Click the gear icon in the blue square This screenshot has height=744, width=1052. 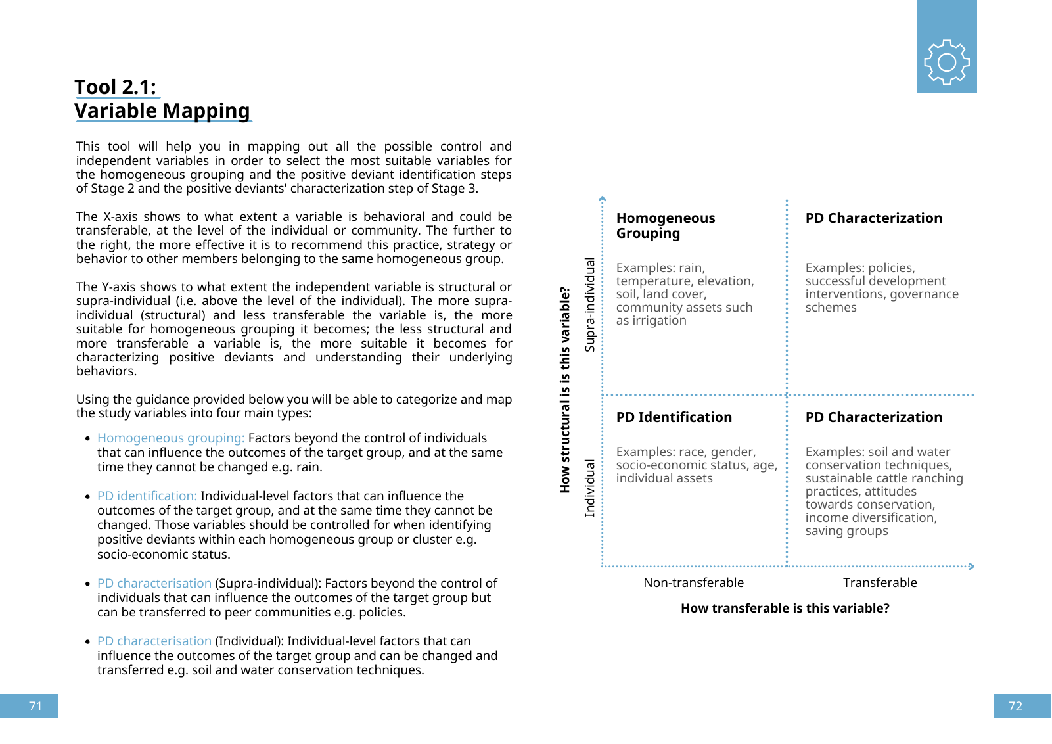click(x=946, y=62)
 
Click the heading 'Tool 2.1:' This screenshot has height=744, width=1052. click(x=116, y=87)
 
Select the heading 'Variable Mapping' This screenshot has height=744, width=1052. click(x=162, y=110)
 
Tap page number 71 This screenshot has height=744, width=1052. click(x=35, y=706)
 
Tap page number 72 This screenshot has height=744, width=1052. click(x=1015, y=706)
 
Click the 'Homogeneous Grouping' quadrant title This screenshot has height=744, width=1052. click(x=665, y=225)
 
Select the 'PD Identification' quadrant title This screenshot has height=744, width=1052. click(x=674, y=417)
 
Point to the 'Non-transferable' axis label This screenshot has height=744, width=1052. click(x=693, y=582)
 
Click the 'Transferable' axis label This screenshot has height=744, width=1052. click(x=880, y=582)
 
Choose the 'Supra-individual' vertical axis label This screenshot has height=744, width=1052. click(x=590, y=304)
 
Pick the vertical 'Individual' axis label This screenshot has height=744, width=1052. click(x=590, y=488)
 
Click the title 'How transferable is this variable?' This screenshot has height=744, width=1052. click(x=785, y=608)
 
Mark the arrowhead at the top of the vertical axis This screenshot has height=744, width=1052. click(x=603, y=198)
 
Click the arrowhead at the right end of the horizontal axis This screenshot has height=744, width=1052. click(x=971, y=566)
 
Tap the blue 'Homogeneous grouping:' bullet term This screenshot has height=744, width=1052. click(x=171, y=438)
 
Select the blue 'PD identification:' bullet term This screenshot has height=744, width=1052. click(x=147, y=496)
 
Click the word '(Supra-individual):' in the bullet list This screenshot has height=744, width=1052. click(x=267, y=583)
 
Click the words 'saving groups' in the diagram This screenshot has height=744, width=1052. click(x=846, y=530)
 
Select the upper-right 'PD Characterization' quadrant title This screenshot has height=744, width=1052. click(x=873, y=218)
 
